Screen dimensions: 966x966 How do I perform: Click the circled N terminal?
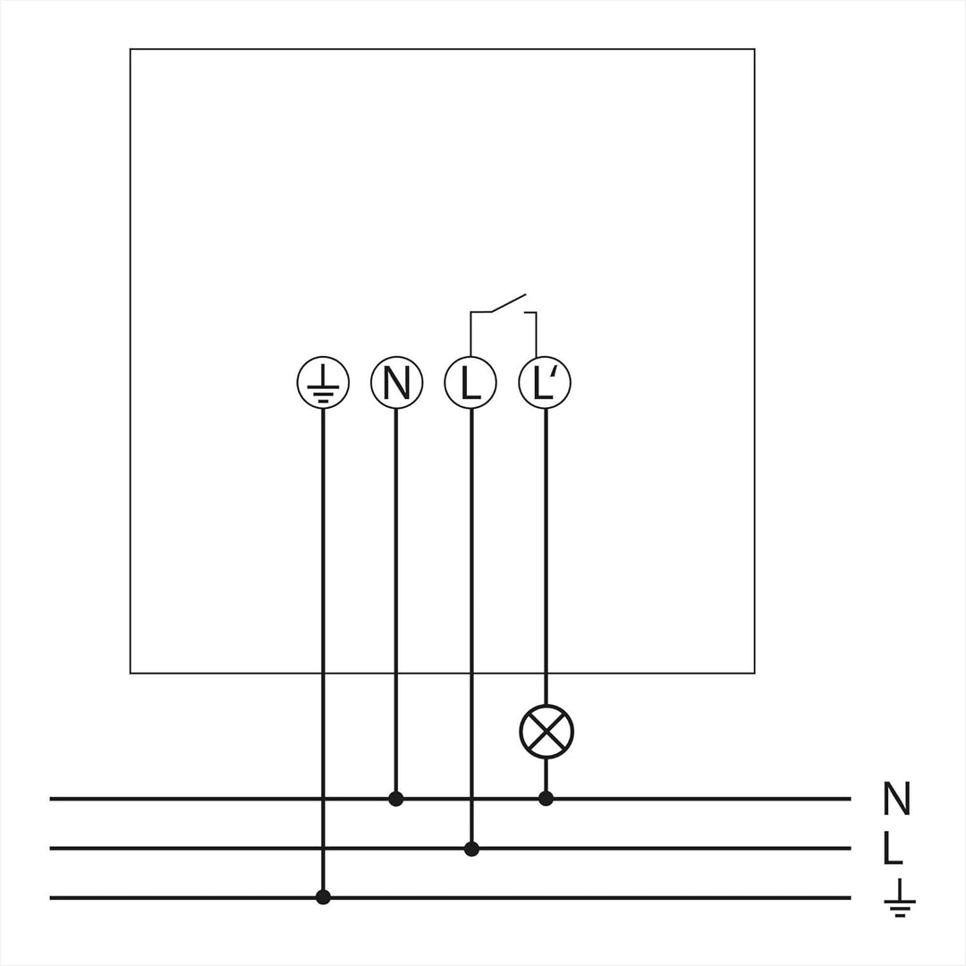pyautogui.click(x=397, y=383)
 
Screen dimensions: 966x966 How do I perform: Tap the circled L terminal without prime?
pyautogui.click(x=470, y=383)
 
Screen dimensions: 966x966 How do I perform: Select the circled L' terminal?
pyautogui.click(x=545, y=383)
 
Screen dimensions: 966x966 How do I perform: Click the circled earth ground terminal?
pyautogui.click(x=323, y=383)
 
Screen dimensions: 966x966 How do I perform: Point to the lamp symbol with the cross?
pyautogui.click(x=547, y=732)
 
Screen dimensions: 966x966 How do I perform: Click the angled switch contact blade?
pyautogui.click(x=508, y=303)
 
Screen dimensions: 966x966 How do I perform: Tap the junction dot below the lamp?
pyautogui.click(x=546, y=799)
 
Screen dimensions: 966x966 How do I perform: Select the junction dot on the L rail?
pyautogui.click(x=471, y=849)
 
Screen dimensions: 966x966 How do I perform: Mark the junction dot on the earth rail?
pyautogui.click(x=323, y=898)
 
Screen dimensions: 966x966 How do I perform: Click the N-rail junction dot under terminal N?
pyautogui.click(x=396, y=799)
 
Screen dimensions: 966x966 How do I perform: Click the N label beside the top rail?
pyautogui.click(x=896, y=799)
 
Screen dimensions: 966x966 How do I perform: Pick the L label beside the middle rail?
pyautogui.click(x=893, y=849)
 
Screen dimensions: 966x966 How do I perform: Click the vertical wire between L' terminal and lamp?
pyautogui.click(x=546, y=557)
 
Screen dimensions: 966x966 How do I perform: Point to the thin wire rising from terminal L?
pyautogui.click(x=470, y=335)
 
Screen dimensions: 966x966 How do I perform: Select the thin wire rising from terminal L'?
pyautogui.click(x=536, y=335)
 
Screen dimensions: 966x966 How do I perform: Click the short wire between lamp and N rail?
pyautogui.click(x=546, y=775)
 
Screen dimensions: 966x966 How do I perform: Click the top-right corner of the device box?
pyautogui.click(x=755, y=49)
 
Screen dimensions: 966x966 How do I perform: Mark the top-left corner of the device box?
pyautogui.click(x=130, y=49)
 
